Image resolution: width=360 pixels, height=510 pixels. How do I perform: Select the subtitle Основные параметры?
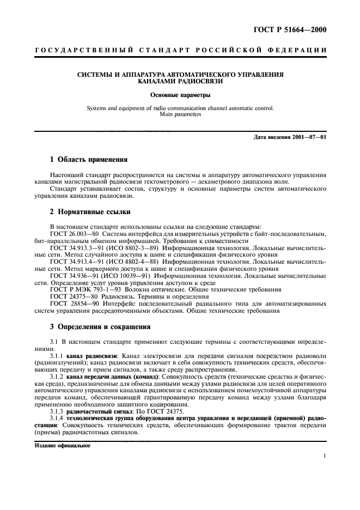(x=180, y=96)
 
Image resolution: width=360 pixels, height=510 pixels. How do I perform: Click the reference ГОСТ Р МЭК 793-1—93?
(x=84, y=290)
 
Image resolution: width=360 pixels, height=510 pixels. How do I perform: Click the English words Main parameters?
(x=180, y=115)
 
